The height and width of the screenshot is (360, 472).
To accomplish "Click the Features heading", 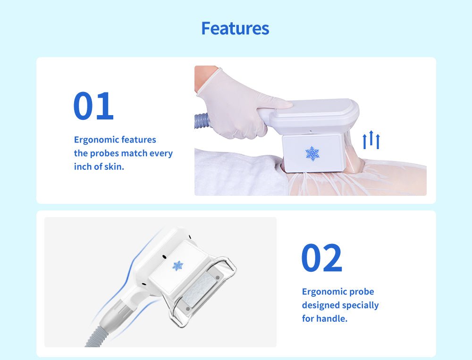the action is tap(235, 28).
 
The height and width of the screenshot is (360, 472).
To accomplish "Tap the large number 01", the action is tap(93, 106).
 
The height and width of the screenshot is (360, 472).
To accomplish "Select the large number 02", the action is tap(322, 258).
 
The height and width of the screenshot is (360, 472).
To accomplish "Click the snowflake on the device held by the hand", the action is tap(312, 153).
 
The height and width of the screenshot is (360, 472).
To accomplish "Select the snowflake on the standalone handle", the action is tap(177, 266).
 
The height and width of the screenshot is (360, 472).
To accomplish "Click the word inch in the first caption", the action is tap(83, 167).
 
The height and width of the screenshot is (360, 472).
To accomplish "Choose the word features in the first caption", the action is tap(139, 140).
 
